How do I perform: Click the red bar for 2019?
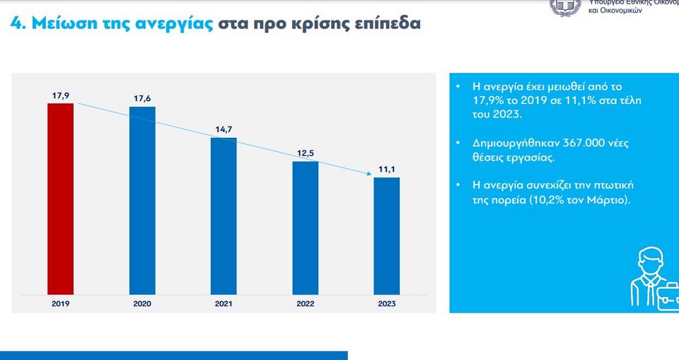point(60,198)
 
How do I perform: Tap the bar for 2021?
point(224,215)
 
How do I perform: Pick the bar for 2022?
point(306,227)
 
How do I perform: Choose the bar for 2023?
point(387,235)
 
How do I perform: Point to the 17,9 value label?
point(60,95)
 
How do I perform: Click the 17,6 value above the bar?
point(142,98)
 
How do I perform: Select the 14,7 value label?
point(224,129)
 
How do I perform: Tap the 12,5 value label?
point(306,153)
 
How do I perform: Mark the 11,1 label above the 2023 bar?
point(387,168)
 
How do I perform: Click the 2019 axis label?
point(60,303)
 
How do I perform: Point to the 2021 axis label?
point(224,303)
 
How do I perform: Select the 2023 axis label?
point(387,303)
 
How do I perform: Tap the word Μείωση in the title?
point(62,23)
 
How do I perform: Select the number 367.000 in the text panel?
point(581,143)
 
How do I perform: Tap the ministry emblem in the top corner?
point(566,6)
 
